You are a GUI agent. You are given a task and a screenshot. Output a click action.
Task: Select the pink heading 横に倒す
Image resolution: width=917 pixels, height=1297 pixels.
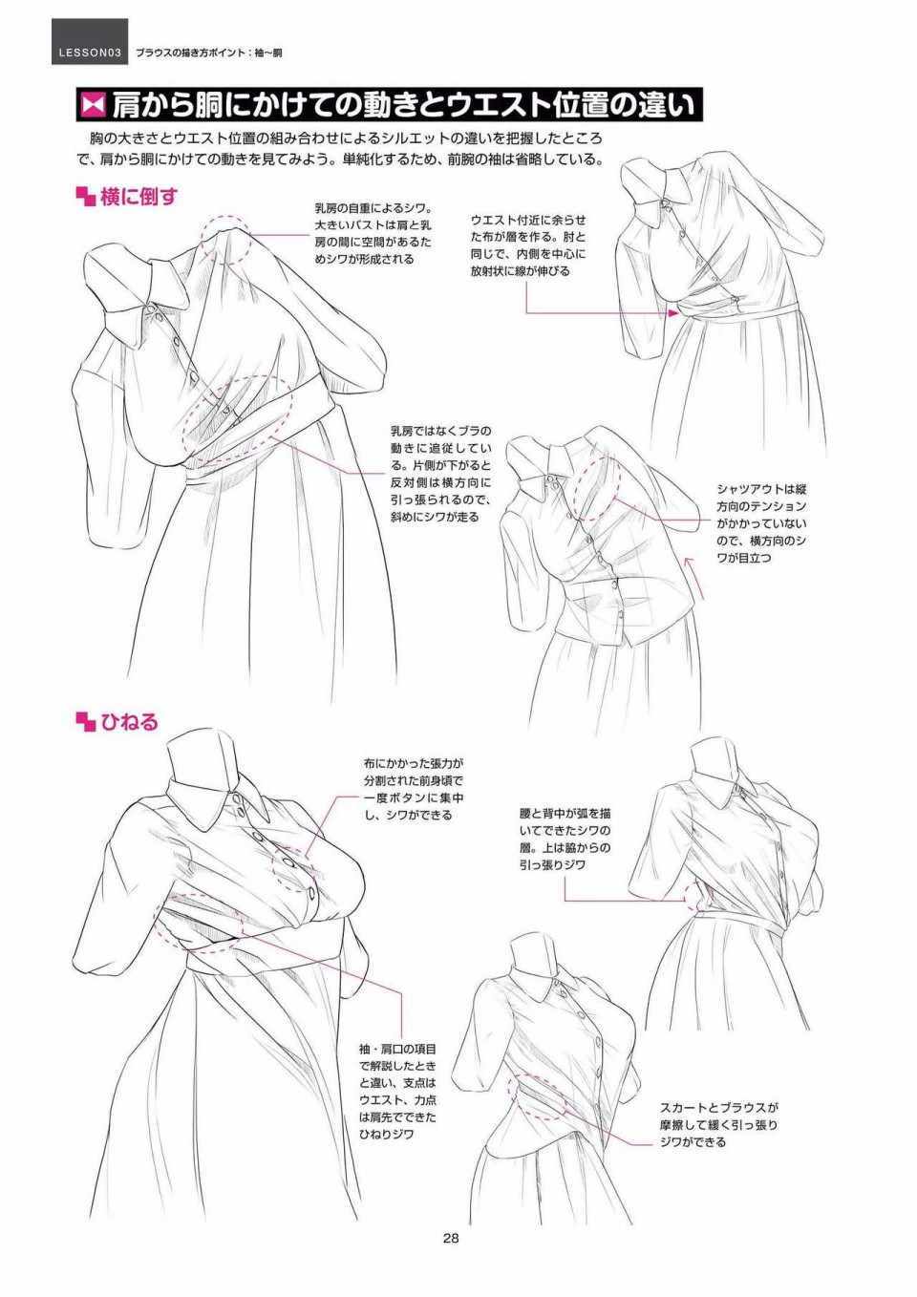click(x=139, y=197)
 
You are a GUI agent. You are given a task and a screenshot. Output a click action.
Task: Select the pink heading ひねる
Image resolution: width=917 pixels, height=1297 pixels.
click(x=129, y=722)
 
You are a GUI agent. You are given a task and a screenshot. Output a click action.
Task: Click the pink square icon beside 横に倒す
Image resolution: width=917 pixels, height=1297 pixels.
click(x=85, y=197)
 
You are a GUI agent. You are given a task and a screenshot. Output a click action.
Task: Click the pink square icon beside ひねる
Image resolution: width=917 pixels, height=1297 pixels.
click(x=85, y=722)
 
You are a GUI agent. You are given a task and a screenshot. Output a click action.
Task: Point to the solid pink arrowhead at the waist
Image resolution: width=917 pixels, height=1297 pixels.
click(x=672, y=312)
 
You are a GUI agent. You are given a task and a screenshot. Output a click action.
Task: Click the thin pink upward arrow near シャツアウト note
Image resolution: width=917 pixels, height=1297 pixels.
click(x=696, y=577)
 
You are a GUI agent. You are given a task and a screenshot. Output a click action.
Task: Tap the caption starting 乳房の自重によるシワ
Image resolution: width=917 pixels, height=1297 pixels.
click(x=373, y=233)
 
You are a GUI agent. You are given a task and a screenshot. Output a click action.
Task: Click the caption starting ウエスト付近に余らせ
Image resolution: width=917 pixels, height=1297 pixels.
click(x=528, y=245)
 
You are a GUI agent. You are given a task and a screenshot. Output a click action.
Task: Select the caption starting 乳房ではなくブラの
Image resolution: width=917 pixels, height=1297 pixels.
click(x=440, y=474)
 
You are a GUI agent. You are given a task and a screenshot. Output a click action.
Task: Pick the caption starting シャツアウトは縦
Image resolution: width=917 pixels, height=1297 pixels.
click(x=762, y=523)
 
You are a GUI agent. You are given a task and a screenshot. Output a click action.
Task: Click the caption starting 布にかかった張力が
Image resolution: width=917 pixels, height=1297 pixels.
click(x=414, y=790)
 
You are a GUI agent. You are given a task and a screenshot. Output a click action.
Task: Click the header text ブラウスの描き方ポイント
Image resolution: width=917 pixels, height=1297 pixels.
click(x=186, y=53)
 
